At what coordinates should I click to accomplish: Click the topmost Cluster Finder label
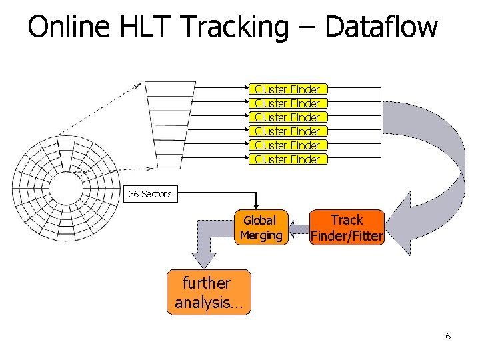click(x=287, y=89)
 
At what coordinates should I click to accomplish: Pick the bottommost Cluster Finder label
click(x=287, y=159)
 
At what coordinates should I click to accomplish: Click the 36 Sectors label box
click(x=151, y=194)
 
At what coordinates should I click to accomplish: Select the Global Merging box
click(x=261, y=228)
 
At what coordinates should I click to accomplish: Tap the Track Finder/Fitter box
click(x=347, y=228)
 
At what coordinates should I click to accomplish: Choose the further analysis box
click(x=209, y=292)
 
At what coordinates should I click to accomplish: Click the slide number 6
click(x=448, y=336)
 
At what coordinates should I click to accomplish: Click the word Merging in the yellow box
click(x=261, y=235)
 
